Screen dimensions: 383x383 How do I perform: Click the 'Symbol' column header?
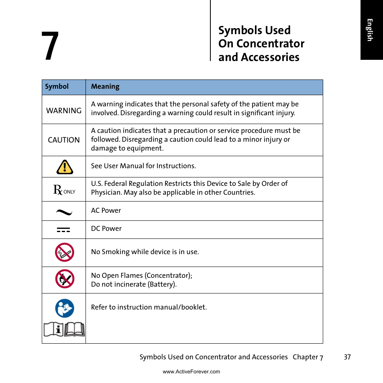tap(57, 87)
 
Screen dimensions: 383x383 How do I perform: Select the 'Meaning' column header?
tap(105, 87)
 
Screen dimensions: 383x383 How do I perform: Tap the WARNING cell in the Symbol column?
tap(64, 110)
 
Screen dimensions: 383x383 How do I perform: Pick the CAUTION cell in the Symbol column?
tap(64, 140)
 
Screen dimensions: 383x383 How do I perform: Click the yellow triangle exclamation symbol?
tap(65, 167)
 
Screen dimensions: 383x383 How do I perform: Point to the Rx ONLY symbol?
tap(64, 190)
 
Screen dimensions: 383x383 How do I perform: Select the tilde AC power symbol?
tap(64, 212)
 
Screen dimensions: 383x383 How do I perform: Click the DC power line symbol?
tap(63, 230)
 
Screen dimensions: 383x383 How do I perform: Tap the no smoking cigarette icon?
tap(65, 253)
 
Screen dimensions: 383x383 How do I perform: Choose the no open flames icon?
tap(65, 279)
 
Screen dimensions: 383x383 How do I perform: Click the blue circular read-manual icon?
tap(65, 308)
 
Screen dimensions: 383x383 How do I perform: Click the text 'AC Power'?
tap(106, 210)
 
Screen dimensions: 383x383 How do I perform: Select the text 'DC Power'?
tap(106, 228)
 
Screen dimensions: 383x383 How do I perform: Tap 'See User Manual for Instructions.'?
tap(143, 166)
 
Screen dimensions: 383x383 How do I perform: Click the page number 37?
tap(347, 357)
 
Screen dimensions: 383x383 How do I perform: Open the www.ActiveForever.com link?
tap(191, 372)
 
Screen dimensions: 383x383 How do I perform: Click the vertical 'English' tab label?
tap(370, 30)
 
